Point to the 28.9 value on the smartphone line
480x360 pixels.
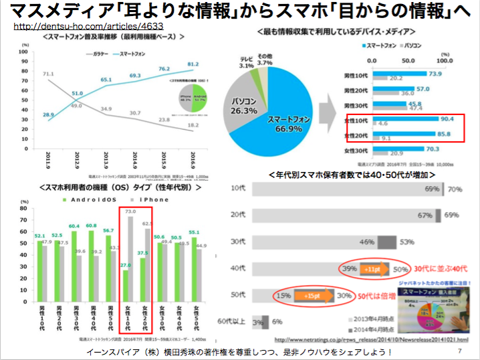pos(49,115)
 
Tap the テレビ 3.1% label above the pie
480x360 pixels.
pos(246,62)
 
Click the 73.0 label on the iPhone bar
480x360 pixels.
pos(130,211)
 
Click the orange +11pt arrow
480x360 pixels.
pos(371,269)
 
